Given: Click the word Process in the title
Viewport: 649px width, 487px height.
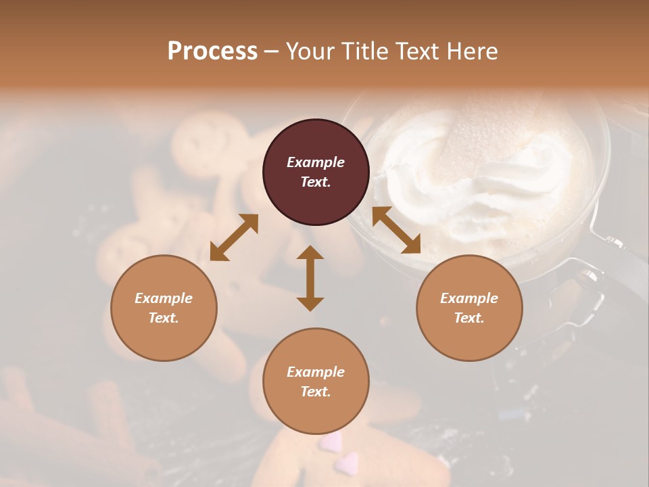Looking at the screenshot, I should (212, 51).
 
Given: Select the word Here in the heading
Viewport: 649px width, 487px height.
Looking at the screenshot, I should (472, 51).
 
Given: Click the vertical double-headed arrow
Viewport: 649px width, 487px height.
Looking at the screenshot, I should (310, 279).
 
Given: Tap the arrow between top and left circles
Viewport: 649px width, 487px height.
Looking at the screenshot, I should (234, 237).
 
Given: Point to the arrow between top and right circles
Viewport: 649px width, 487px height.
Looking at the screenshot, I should (396, 231).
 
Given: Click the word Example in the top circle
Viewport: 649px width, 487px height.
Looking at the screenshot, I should (316, 162).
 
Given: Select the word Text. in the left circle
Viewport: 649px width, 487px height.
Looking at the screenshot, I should (164, 318).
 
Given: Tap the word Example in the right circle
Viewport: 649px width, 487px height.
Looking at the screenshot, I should (469, 298).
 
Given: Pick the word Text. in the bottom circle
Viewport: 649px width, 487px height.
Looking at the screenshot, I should (316, 392).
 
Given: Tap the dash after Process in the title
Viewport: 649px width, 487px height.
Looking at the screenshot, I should (272, 51).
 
